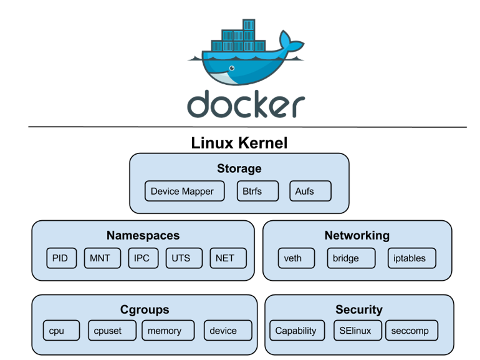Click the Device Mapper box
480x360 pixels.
(182, 191)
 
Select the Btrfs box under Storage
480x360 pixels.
(257, 191)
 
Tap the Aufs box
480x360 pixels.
(310, 191)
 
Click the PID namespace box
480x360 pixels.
(61, 258)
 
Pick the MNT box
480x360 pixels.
(102, 258)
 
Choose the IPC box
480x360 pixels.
(142, 258)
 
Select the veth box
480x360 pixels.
(292, 258)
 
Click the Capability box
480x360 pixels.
(295, 331)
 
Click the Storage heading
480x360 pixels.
(239, 168)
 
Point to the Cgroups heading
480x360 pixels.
(145, 309)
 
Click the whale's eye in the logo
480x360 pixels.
(231, 67)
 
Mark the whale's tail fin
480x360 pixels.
(291, 44)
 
